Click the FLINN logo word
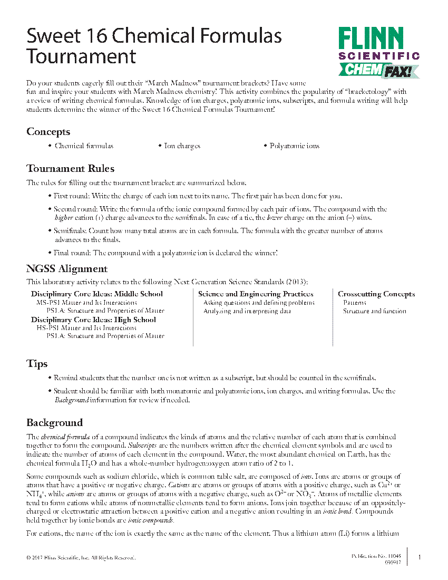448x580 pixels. [x=371, y=38]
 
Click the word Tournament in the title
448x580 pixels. [x=81, y=56]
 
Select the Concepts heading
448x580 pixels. [x=48, y=132]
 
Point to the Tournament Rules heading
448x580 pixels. [x=71, y=169]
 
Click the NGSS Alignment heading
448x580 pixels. [x=67, y=268]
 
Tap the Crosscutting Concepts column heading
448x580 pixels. [x=376, y=294]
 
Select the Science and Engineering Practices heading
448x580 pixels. [x=256, y=294]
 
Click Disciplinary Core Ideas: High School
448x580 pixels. [x=93, y=320]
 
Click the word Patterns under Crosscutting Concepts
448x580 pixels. [x=355, y=303]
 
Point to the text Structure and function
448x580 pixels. [x=374, y=311]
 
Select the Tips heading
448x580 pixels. [x=37, y=364]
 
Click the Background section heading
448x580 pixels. [x=54, y=422]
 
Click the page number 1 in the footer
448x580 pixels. [x=419, y=557]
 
